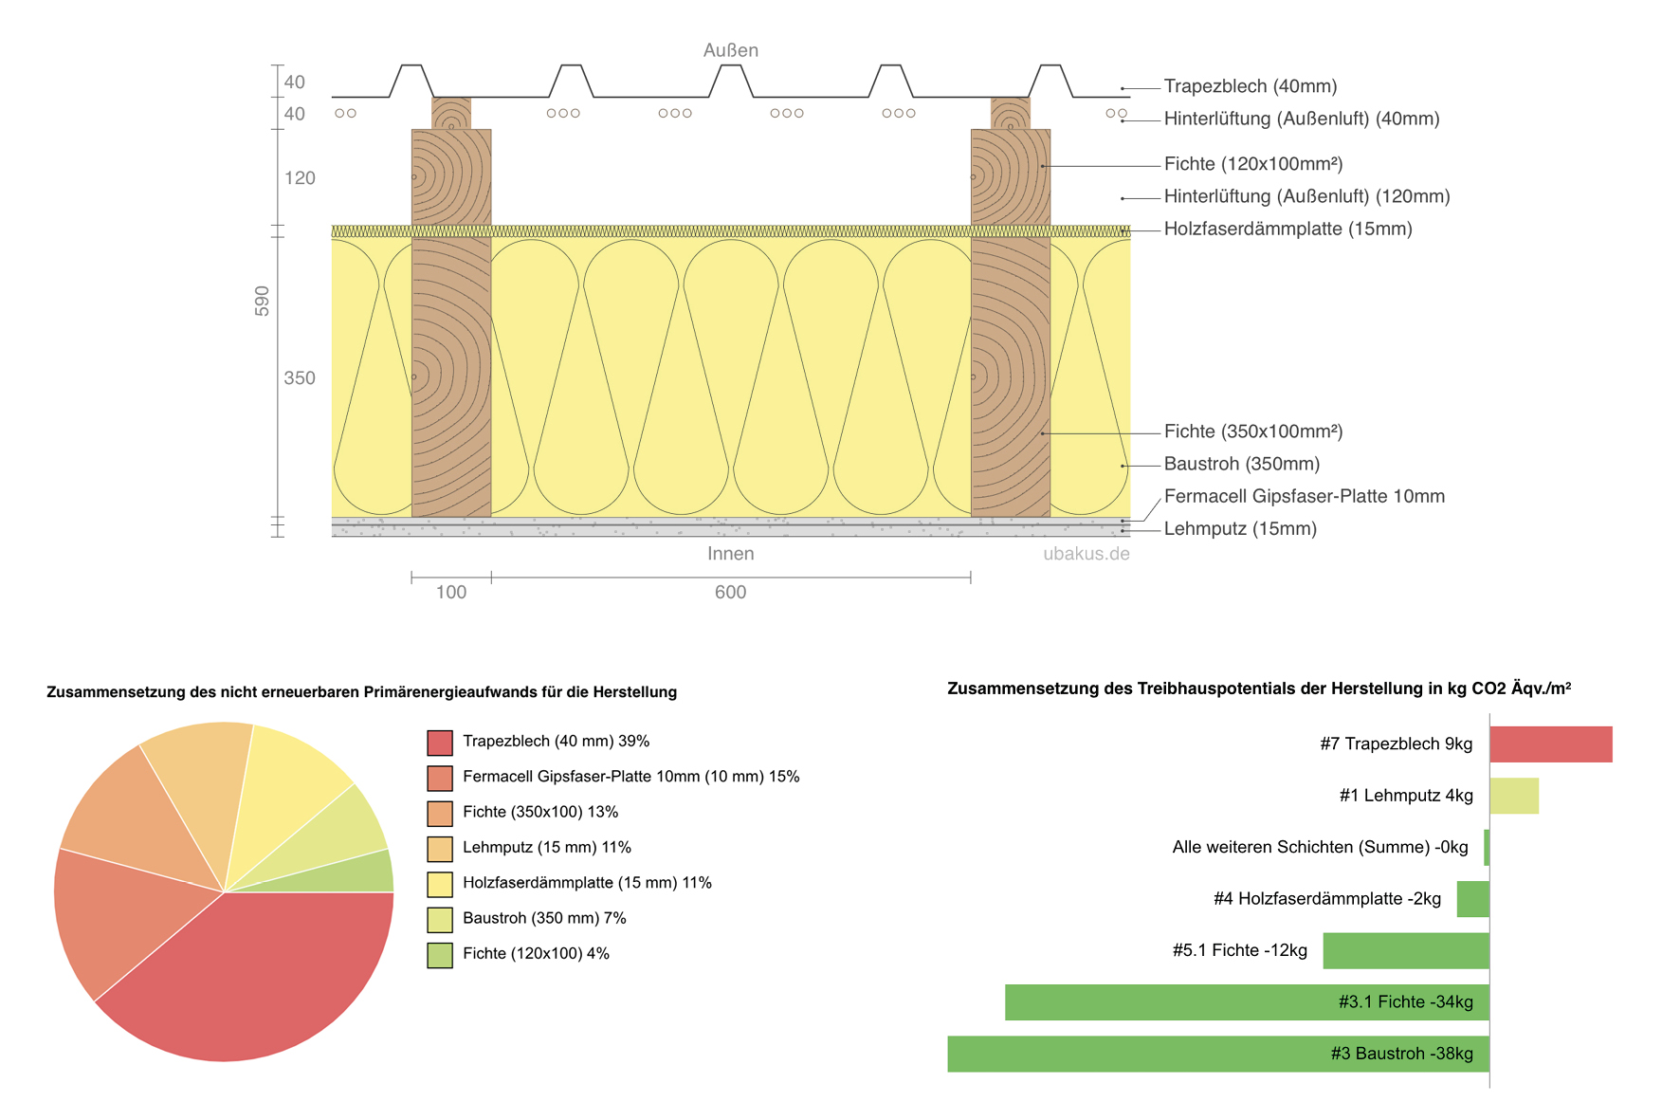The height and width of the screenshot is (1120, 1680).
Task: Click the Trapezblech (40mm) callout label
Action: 1250,86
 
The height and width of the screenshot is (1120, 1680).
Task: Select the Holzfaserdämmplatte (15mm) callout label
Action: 1287,229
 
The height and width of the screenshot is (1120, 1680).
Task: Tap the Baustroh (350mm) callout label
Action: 1241,464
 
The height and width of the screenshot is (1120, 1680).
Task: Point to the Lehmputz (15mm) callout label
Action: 1239,528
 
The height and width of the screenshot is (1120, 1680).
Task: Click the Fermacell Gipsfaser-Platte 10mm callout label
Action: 1304,496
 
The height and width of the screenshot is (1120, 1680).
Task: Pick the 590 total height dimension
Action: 262,301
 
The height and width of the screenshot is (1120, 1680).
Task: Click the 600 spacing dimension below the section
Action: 730,593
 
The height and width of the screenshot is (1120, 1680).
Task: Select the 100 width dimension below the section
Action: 450,593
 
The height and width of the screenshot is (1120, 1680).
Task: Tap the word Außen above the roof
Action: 730,50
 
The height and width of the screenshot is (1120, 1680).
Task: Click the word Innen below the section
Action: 730,554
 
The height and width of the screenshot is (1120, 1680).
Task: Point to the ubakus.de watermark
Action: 1086,554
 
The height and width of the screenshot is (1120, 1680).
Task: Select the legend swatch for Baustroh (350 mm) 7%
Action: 440,919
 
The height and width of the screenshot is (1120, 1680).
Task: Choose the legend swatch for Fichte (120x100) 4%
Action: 440,955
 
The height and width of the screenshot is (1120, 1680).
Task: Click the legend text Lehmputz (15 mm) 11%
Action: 546,847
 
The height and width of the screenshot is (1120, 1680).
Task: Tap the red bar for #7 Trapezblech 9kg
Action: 1550,744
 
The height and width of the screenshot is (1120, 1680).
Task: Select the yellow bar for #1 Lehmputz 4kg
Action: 1513,796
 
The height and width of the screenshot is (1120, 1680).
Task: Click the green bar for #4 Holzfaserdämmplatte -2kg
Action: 1472,899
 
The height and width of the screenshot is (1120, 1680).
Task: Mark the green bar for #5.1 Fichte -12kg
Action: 1405,950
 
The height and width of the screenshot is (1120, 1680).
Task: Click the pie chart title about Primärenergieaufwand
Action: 361,692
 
